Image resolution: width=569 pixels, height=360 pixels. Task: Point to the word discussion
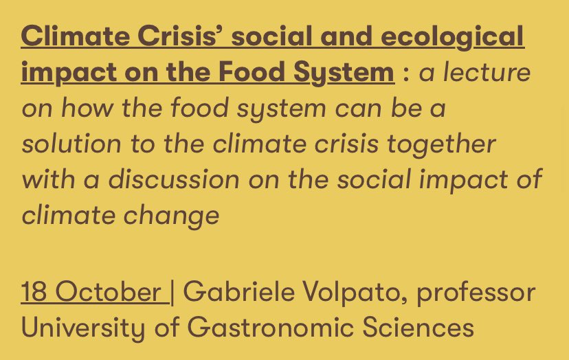174,179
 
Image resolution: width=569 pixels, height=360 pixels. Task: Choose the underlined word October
108,292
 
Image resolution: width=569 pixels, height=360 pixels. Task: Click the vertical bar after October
172,292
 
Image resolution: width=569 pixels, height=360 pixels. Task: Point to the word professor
476,292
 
